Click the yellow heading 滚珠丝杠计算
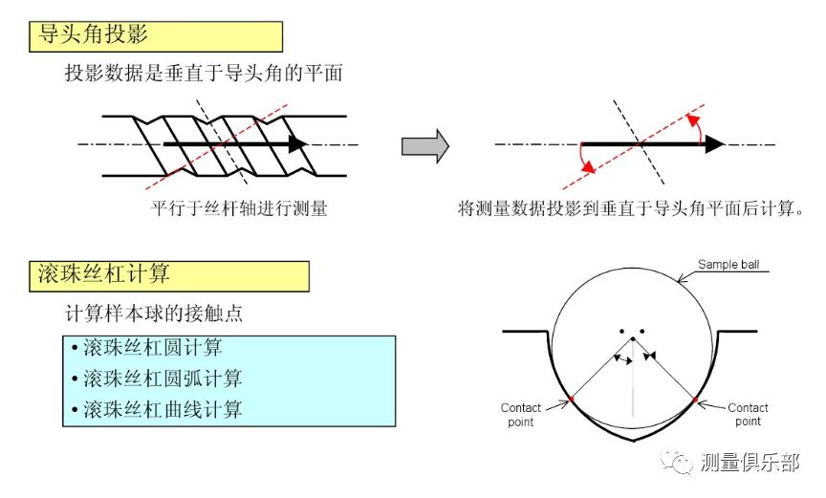tap(167, 275)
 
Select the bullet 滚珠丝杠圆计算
tap(153, 347)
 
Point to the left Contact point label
tap(521, 414)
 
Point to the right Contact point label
tap(749, 414)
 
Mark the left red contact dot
tap(571, 396)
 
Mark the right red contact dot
tap(695, 396)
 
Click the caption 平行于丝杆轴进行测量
tap(239, 208)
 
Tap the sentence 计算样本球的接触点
tap(160, 314)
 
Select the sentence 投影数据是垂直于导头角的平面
tap(204, 73)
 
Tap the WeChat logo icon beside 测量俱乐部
tap(681, 463)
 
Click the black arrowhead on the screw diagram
tap(297, 144)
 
